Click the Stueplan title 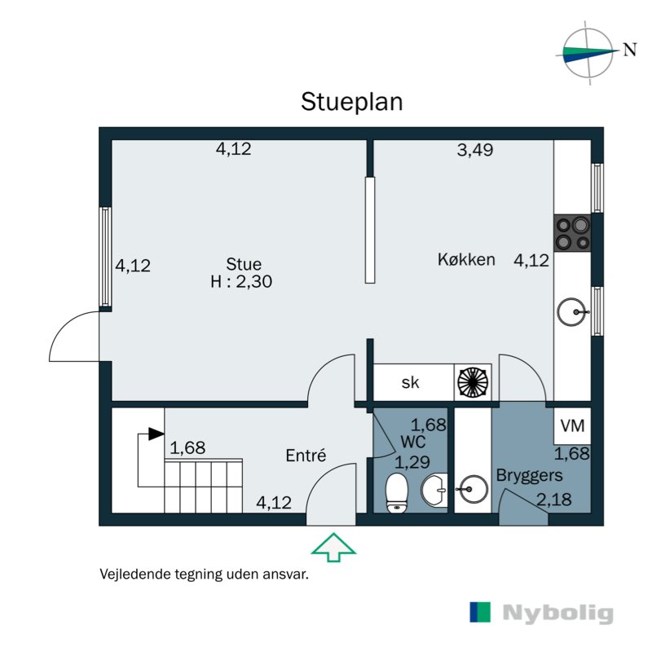352,102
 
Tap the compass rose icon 588,53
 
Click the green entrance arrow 334,547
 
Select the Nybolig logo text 557,613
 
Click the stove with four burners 573,232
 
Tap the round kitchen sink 573,310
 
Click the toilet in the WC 397,494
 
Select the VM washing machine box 573,425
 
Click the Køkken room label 466,260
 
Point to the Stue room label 244,264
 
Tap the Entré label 306,456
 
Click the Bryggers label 529,475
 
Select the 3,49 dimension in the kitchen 475,150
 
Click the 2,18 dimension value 553,497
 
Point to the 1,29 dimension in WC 412,462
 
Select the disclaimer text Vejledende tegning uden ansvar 203,574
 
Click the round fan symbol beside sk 473,381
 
